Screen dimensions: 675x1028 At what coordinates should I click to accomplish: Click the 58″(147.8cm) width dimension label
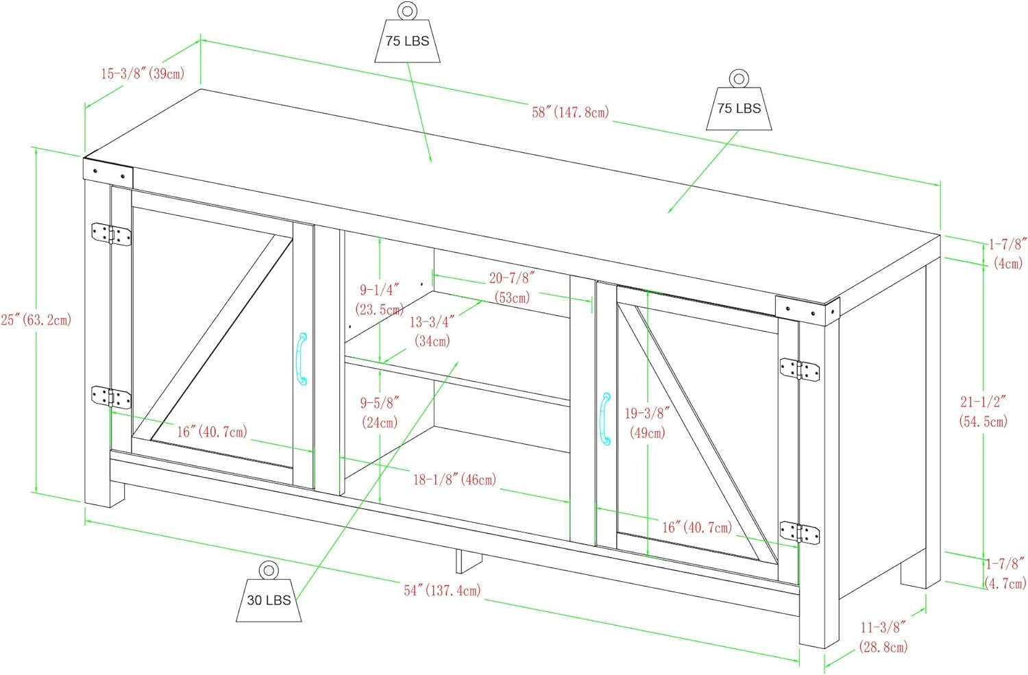click(570, 112)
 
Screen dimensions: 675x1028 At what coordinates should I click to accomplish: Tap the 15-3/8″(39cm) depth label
click(143, 73)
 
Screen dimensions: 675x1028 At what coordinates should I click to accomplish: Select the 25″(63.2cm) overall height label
click(36, 319)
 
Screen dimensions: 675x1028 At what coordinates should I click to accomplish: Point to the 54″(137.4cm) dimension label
click(442, 590)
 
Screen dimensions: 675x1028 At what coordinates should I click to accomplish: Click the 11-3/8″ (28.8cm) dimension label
click(883, 636)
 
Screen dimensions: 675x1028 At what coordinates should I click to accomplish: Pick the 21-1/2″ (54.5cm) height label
click(983, 411)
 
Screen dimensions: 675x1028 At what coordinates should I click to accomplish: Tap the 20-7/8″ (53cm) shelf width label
click(512, 287)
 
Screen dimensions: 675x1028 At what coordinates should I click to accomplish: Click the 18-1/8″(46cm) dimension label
click(454, 479)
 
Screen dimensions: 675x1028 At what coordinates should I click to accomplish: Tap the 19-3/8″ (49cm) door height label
click(647, 423)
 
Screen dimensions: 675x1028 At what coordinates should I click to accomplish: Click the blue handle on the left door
click(302, 359)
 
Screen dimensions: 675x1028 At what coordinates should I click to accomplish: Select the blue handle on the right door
click(605, 418)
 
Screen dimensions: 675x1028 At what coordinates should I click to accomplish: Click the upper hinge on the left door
click(111, 234)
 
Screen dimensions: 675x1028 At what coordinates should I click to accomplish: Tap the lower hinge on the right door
click(800, 532)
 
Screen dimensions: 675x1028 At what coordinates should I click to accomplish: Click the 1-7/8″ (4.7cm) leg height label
click(1005, 574)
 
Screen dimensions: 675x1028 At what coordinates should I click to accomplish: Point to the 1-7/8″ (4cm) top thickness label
click(1007, 253)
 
